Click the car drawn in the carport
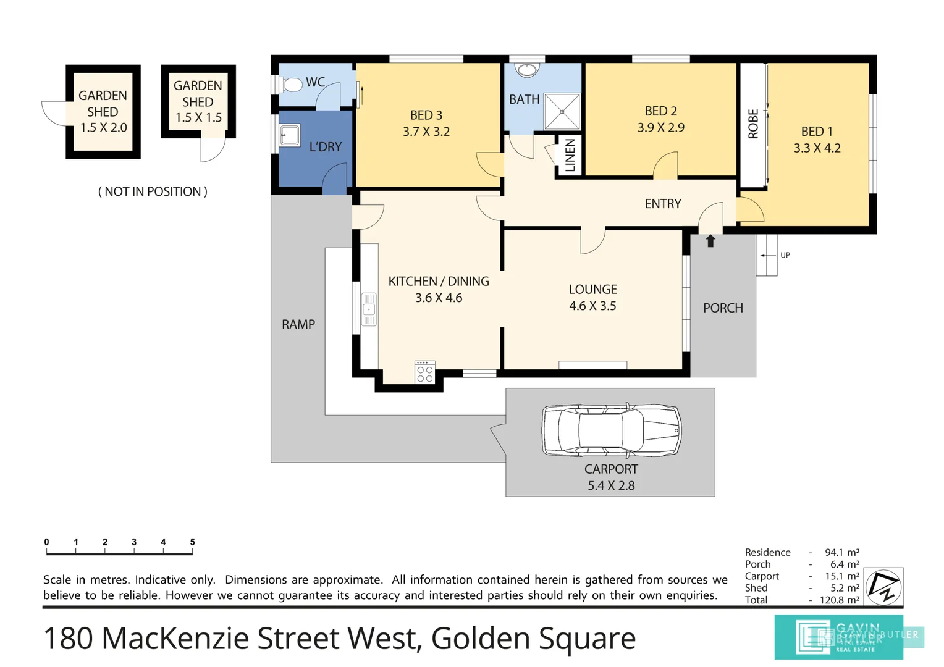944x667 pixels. (x=611, y=430)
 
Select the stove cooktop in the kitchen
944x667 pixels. (x=425, y=372)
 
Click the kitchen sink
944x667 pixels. (x=369, y=309)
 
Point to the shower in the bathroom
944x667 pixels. (x=562, y=112)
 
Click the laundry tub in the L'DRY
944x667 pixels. (x=290, y=135)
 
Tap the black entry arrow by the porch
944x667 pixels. (x=710, y=241)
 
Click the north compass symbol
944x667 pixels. (x=883, y=586)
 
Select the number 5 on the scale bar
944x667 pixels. (x=192, y=542)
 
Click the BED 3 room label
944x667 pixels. (x=426, y=115)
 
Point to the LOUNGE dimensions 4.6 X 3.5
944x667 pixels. (x=592, y=306)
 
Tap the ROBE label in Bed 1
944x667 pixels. (x=753, y=124)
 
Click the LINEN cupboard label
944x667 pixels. (x=570, y=155)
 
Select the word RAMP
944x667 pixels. (x=298, y=324)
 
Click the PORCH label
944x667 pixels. (x=723, y=308)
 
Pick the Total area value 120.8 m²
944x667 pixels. (x=839, y=600)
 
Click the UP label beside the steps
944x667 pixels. (x=785, y=255)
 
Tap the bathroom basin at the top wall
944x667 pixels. (x=527, y=69)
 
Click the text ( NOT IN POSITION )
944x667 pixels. (x=153, y=191)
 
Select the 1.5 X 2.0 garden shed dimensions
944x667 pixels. (x=104, y=128)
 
